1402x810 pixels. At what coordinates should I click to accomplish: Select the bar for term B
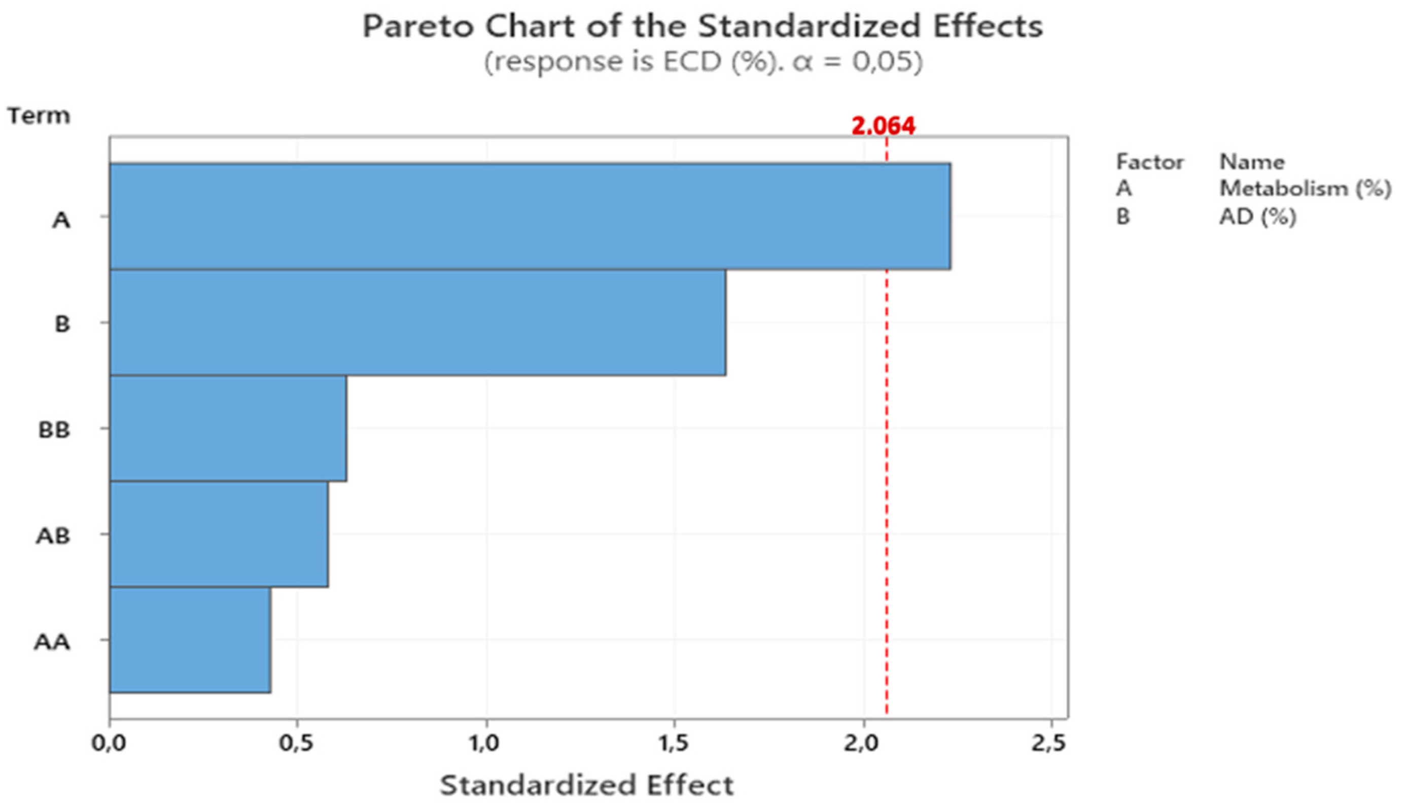click(x=417, y=323)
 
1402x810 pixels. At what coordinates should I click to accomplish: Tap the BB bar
click(x=228, y=429)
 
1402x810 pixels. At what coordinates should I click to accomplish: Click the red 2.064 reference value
click(x=883, y=126)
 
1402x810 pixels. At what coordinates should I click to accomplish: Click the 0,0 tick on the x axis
click(x=109, y=743)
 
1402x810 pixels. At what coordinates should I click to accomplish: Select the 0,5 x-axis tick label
click(x=297, y=743)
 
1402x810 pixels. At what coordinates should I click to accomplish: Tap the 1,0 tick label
click(x=485, y=743)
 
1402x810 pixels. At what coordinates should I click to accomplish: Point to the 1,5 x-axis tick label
click(x=674, y=743)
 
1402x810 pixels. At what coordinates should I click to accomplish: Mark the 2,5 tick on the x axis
click(x=1049, y=743)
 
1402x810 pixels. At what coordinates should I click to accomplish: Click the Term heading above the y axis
click(x=39, y=116)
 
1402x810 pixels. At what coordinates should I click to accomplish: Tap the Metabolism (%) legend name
click(x=1305, y=189)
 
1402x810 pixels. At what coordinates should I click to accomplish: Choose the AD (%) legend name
click(x=1257, y=217)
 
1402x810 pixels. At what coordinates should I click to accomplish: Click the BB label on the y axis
click(x=54, y=430)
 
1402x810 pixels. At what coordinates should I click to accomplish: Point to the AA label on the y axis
click(x=52, y=642)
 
